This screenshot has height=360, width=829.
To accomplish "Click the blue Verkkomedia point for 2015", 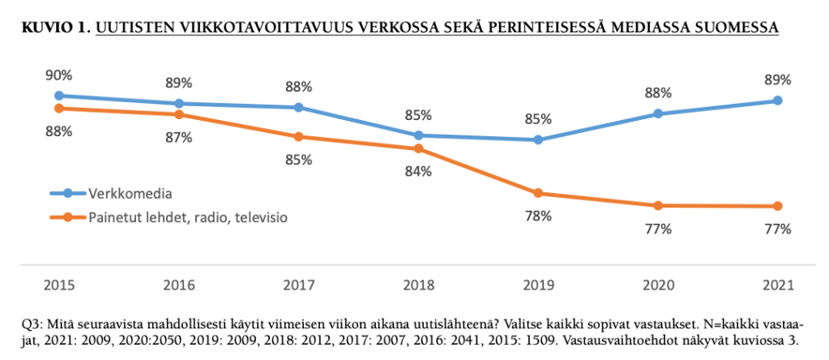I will pos(58,96).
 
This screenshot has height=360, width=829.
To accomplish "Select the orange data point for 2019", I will pos(538,193).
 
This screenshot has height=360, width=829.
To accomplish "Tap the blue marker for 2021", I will pos(777,101).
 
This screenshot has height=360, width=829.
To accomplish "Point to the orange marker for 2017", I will pos(298,136).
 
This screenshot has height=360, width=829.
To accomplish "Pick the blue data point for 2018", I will pos(418,135).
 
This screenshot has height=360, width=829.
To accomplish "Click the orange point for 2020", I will pos(658,205).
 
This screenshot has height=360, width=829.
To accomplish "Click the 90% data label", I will pos(59,75).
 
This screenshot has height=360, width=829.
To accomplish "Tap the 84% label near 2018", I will pos(418,171).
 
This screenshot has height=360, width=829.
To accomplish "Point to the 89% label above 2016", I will pos(178,82).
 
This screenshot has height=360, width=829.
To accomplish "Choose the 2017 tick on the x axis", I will pos(298,285).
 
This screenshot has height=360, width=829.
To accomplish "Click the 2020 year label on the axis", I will pos(658,285).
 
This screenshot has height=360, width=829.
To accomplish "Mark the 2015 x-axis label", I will pos(59,285).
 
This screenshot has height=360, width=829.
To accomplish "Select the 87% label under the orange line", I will pos(178,137).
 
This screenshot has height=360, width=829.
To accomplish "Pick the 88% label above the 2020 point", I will pos(658,92).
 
